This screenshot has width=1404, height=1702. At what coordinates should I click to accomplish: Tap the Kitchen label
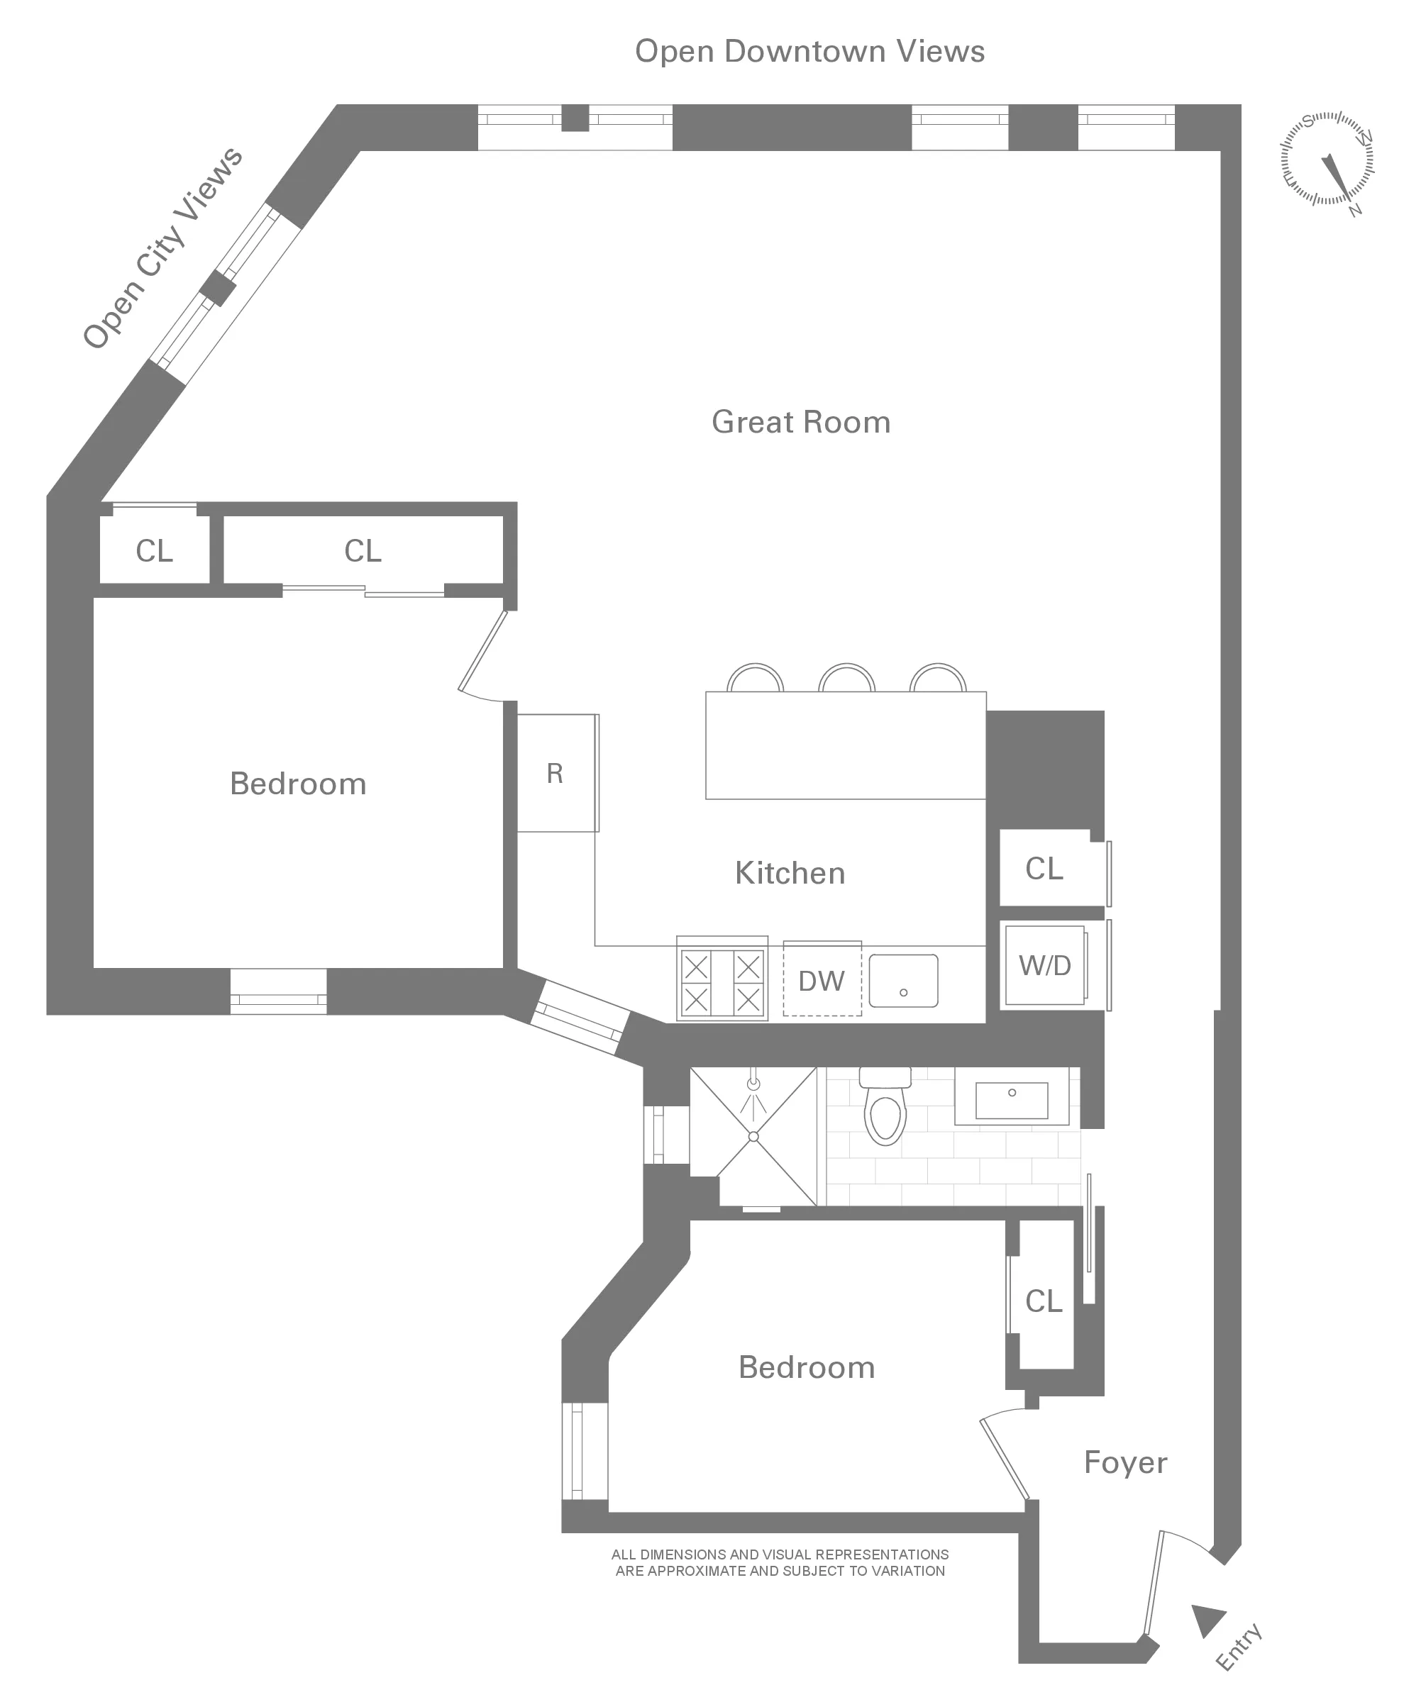pos(790,873)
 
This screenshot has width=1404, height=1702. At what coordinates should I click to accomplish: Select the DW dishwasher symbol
pos(821,981)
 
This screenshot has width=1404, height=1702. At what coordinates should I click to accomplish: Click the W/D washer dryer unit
pos(1044,964)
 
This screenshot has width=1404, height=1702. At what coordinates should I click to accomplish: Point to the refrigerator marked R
pos(555,773)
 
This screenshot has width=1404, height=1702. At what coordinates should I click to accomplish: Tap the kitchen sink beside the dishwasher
pos(903,981)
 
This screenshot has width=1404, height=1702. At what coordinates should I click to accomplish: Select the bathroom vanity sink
pos(1011,1100)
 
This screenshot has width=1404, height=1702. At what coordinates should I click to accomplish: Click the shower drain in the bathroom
pos(753,1136)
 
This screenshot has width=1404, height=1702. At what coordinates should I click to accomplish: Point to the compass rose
pos(1327,160)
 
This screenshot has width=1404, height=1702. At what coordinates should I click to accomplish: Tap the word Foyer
pos(1125,1462)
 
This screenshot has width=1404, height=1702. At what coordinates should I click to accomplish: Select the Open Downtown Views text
pos(809,52)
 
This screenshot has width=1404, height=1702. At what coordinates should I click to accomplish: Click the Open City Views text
pos(162,247)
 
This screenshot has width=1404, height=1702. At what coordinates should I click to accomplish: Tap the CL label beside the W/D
pos(1044,869)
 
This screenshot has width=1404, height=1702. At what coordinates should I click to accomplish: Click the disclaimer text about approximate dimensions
pos(780,1562)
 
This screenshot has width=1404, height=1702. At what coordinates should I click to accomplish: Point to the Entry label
pos(1238,1646)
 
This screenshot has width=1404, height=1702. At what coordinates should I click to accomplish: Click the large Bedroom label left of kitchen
pos(298,784)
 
